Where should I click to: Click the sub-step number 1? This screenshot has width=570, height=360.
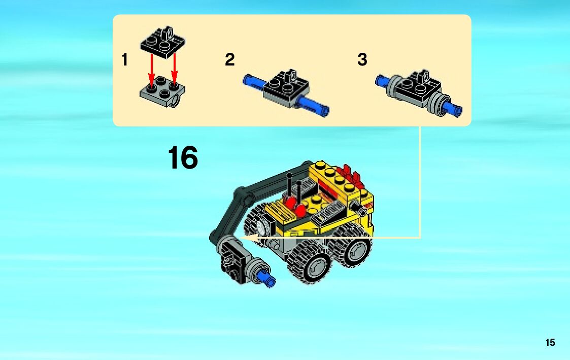[125, 59]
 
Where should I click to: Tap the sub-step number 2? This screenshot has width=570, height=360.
[230, 59]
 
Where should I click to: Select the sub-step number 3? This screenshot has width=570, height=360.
[362, 59]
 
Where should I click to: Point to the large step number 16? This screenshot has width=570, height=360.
[183, 158]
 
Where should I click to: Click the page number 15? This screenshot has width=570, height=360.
[550, 343]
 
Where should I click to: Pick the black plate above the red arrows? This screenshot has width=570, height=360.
[163, 42]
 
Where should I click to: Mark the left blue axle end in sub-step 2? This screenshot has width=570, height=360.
[253, 81]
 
